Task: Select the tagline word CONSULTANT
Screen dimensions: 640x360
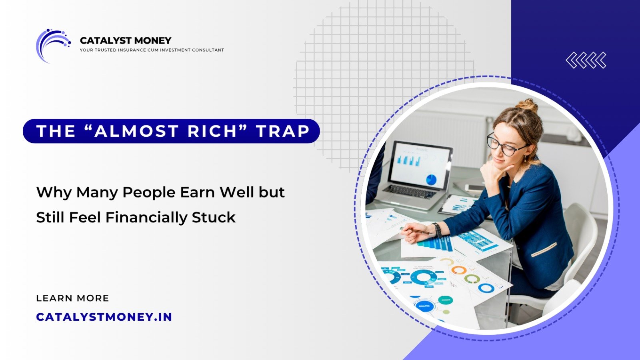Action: [208, 50]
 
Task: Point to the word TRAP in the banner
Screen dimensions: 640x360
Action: [283, 131]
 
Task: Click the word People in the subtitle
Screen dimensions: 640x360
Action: [148, 192]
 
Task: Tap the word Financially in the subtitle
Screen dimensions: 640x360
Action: [146, 218]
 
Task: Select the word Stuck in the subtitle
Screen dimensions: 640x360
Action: [214, 218]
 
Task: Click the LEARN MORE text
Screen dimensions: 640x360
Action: [72, 298]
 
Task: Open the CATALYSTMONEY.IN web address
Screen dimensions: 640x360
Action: [104, 317]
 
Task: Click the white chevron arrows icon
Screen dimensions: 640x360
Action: [586, 60]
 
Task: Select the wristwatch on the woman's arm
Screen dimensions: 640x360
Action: [437, 230]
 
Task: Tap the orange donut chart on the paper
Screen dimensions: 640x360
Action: [459, 270]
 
